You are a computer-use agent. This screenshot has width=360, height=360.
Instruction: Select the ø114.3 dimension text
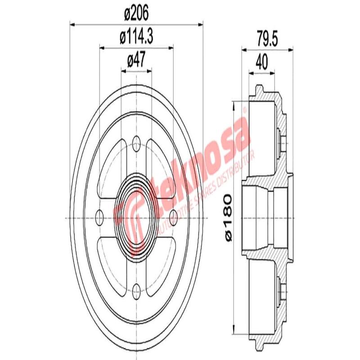coord(136,38)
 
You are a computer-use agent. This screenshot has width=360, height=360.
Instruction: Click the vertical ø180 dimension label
coord(228,216)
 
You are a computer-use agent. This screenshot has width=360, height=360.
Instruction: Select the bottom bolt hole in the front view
coord(136,288)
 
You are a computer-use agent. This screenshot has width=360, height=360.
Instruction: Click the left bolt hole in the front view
coord(100,218)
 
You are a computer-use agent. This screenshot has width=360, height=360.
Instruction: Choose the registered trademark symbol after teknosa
coord(245,109)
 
